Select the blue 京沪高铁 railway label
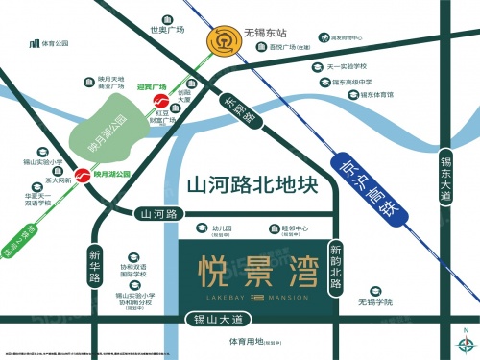pos(366,181)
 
